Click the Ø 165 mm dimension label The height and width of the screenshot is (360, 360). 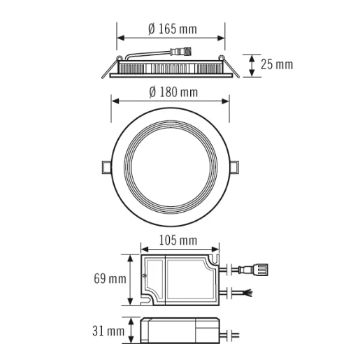click(172, 29)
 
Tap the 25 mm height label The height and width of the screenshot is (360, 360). click(277, 65)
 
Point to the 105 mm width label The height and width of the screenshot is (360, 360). click(178, 240)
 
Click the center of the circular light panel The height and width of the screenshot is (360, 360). click(171, 166)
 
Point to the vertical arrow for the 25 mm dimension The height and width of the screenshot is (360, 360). click(252, 65)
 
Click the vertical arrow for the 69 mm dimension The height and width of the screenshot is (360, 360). click(131, 280)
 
